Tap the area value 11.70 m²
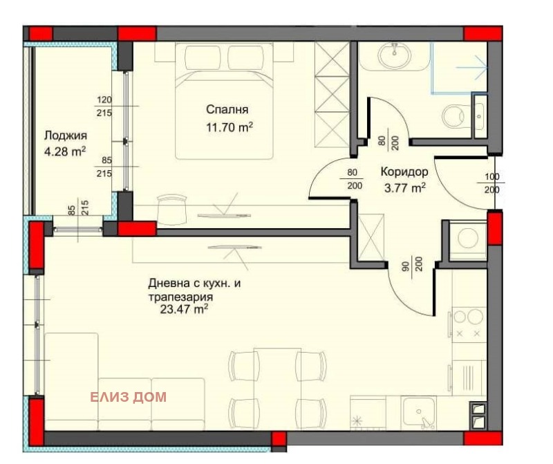[x=229, y=127]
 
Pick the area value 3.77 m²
[x=404, y=187]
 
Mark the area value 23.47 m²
[x=184, y=310]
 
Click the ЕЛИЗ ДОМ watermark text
[x=128, y=397]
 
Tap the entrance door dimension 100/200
[x=491, y=183]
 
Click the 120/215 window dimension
[x=105, y=106]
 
